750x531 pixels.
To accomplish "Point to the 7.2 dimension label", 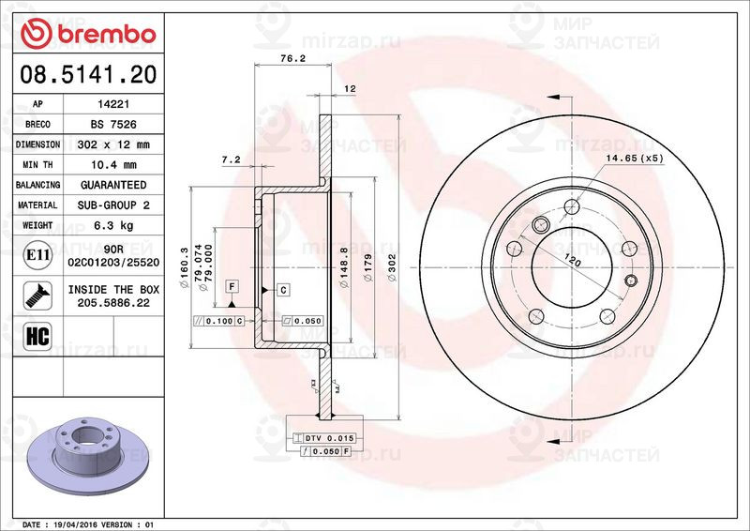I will pos(231,160).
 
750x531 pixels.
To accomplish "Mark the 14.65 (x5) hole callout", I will pos(635,159).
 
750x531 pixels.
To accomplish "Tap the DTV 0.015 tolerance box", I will pos(323,438).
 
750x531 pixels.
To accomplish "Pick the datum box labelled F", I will pos(231,285).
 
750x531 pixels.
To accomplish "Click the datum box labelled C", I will pos(282,289).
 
